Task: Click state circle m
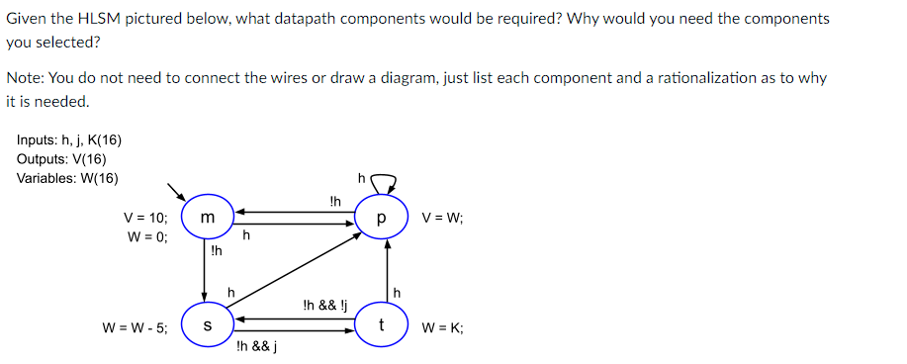[204, 216]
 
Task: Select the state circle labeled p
[380, 217]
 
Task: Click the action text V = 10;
[145, 218]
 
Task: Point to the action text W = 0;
[147, 237]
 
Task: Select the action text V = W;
[442, 218]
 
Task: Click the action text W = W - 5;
[135, 327]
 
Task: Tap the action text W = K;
[442, 327]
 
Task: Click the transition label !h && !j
[325, 305]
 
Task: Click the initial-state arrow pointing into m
[176, 190]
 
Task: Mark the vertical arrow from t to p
[388, 272]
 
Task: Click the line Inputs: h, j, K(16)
[69, 141]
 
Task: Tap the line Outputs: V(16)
[61, 159]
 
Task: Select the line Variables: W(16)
[67, 178]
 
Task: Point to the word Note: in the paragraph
[24, 78]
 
